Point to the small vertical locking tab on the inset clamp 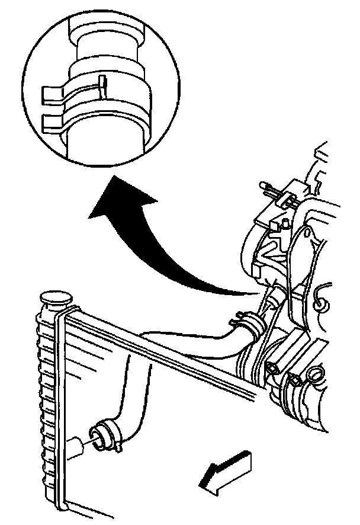point(101,83)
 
